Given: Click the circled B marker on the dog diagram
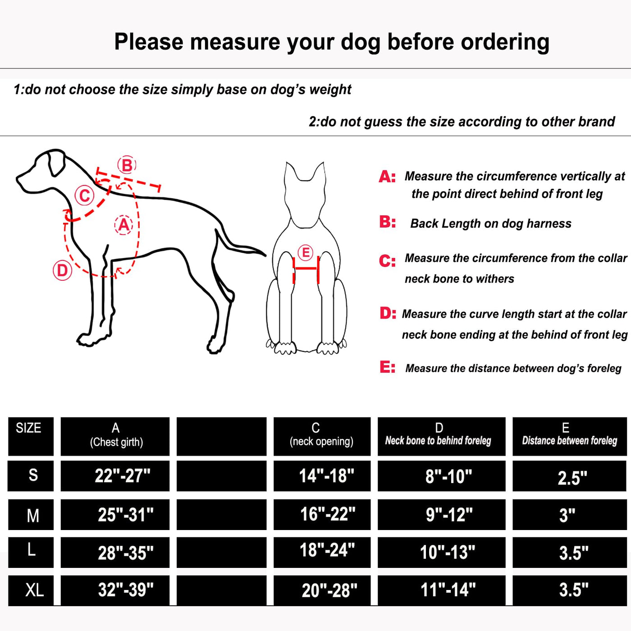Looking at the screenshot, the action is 127,165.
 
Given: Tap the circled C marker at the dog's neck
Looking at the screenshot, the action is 84,196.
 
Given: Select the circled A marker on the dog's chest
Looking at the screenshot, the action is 123,225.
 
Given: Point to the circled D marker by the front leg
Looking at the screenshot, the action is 62,270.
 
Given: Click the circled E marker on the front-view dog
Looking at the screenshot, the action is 306,252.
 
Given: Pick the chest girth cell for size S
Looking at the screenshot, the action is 115,476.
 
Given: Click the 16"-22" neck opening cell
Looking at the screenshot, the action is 322,514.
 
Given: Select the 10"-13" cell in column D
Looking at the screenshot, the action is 441,553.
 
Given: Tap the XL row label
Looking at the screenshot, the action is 31,590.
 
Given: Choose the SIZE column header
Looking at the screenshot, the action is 31,436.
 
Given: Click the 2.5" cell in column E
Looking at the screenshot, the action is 570,476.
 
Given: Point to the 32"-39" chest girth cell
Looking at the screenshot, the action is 115,590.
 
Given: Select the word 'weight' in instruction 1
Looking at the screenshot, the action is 330,90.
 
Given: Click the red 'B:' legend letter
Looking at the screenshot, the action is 387,222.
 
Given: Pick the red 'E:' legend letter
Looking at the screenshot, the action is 387,367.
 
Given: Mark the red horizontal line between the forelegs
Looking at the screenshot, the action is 306,269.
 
